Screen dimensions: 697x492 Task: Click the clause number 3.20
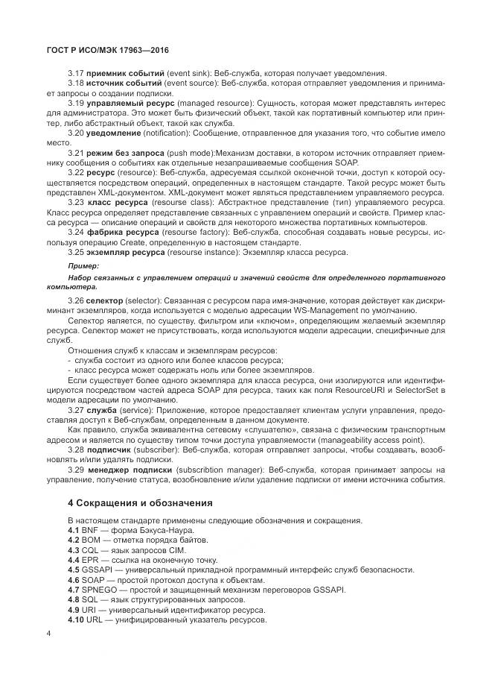pyautogui.click(x=77, y=133)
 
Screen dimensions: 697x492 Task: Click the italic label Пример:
pyautogui.click(x=83, y=265)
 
